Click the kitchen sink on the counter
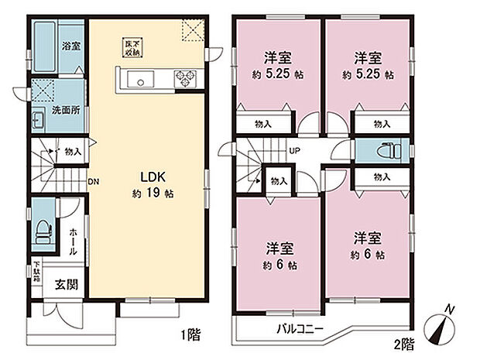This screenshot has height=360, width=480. [142, 79]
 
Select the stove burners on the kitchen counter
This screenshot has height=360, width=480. [187, 77]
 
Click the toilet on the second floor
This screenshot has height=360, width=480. [386, 150]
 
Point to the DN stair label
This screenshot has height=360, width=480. [94, 183]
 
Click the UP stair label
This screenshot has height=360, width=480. [294, 151]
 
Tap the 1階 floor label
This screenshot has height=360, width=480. [190, 335]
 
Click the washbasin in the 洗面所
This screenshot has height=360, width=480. [39, 120]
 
